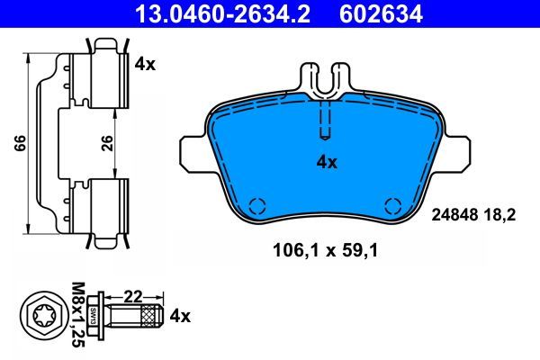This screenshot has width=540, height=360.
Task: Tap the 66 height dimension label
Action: coord(19,144)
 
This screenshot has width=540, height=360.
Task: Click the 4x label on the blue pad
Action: coord(326,163)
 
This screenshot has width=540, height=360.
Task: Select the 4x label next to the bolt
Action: coord(181,316)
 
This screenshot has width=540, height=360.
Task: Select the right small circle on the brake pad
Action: coord(391,203)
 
